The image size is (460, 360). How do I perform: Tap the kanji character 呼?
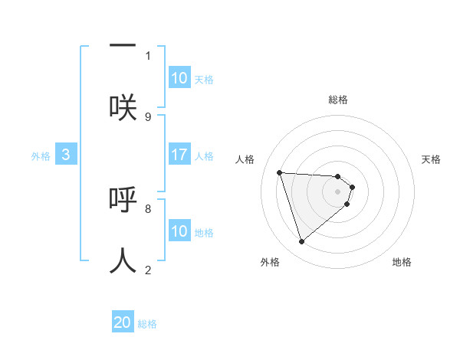coord(123,198)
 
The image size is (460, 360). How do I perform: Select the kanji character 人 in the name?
coord(123,260)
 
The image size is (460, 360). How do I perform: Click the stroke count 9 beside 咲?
coord(148,116)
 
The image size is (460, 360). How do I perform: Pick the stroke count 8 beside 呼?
coord(148,208)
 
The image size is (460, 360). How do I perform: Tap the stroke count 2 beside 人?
coord(148,270)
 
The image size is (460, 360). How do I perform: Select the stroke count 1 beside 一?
coord(148,55)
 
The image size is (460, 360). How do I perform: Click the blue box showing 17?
coord(179,155)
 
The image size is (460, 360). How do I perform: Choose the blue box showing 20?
coord(123,322)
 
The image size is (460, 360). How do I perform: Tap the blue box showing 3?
coord(66,155)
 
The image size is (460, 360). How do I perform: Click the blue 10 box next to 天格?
coord(179,78)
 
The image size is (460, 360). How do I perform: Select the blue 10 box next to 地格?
coord(179,231)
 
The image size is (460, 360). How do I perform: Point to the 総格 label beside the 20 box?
coord(147,324)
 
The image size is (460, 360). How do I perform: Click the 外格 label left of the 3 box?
coord(41,156)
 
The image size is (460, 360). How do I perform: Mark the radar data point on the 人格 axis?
coord(280,172)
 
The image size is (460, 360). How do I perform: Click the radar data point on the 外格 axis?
coord(301,242)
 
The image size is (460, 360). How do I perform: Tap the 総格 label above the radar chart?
coord(338,100)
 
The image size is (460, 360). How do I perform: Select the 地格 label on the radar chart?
coord(402,262)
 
